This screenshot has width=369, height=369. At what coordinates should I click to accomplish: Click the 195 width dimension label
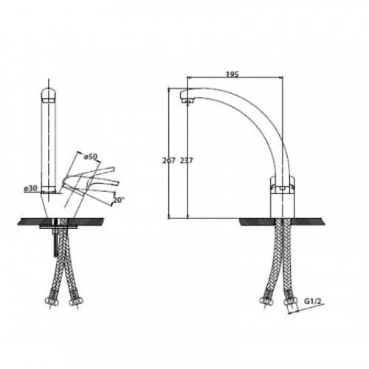click(x=232, y=74)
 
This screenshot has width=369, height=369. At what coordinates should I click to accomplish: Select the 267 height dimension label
click(x=169, y=160)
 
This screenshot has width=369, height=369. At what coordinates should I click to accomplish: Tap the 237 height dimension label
click(x=187, y=160)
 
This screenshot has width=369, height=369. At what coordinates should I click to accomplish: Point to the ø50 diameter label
click(x=91, y=156)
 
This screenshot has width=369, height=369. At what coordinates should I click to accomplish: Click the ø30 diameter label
click(x=30, y=188)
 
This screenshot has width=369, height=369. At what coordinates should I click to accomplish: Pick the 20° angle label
click(x=118, y=200)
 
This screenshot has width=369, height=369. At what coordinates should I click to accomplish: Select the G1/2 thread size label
click(x=313, y=301)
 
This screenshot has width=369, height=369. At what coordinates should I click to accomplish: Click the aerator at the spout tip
click(x=187, y=100)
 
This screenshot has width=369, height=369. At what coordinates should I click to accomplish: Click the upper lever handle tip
click(x=112, y=169)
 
